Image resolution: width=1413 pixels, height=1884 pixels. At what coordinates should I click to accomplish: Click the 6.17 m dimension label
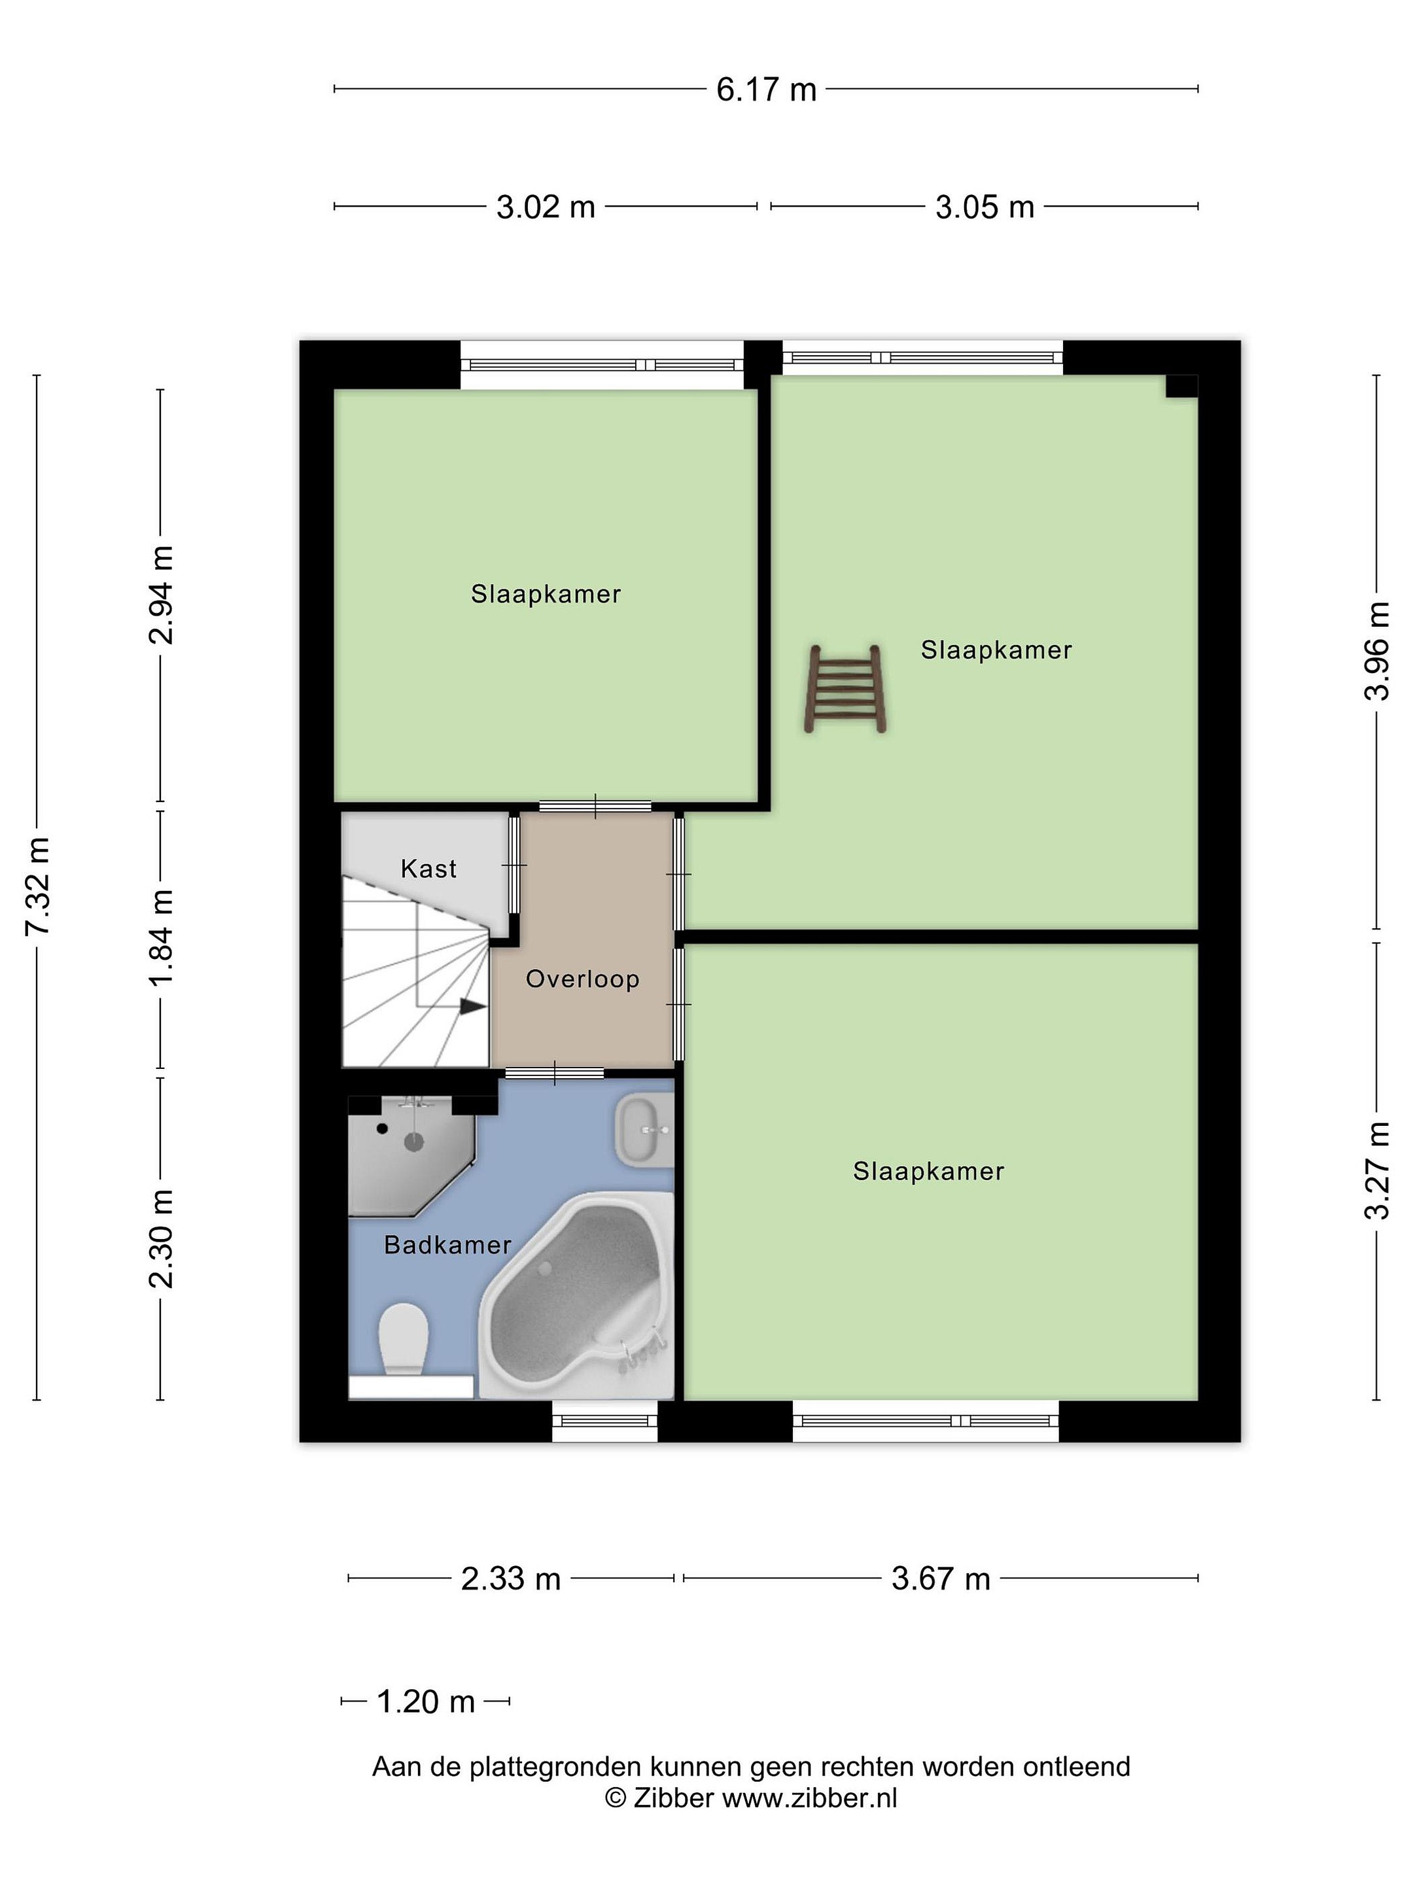pyautogui.click(x=765, y=90)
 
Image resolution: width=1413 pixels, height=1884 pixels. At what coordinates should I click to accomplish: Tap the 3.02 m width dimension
pyautogui.click(x=545, y=207)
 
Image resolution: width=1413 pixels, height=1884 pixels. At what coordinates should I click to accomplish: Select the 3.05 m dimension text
pyautogui.click(x=985, y=207)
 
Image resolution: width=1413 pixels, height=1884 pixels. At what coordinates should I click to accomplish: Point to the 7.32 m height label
pyautogui.click(x=37, y=886)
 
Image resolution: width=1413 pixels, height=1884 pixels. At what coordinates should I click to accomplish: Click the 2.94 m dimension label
pyautogui.click(x=161, y=595)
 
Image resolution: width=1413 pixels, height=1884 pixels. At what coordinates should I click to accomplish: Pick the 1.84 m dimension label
pyautogui.click(x=161, y=937)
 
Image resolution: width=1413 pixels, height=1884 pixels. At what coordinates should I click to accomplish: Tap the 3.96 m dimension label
pyautogui.click(x=1376, y=651)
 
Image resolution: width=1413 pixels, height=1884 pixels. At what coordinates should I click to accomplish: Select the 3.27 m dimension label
pyautogui.click(x=1376, y=1170)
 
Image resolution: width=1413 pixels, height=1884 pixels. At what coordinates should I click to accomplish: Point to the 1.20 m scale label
pyautogui.click(x=425, y=1701)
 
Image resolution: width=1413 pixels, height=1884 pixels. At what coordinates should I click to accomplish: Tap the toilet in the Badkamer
pyautogui.click(x=403, y=1339)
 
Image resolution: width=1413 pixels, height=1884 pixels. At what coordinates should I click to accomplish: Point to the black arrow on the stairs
pyautogui.click(x=473, y=1006)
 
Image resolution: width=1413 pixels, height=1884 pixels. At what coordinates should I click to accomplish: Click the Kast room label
pyautogui.click(x=428, y=869)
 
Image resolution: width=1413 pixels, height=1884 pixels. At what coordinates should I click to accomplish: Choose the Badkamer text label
pyautogui.click(x=448, y=1246)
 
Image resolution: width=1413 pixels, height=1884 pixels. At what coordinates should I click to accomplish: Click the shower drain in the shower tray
pyautogui.click(x=414, y=1142)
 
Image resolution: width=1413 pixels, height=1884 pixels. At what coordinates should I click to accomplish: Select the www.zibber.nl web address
pyautogui.click(x=810, y=1798)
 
